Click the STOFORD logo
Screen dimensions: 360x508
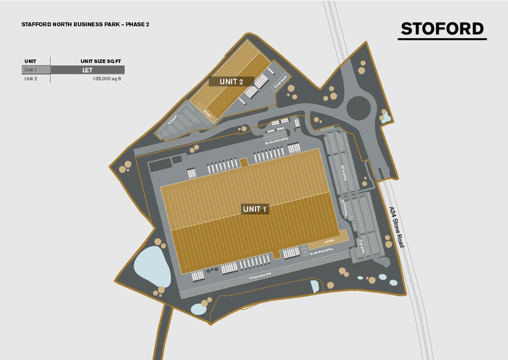click(442, 28)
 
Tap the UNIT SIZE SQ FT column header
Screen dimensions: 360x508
click(101, 61)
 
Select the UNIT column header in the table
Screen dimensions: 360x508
click(30, 61)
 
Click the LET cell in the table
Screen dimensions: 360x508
click(87, 70)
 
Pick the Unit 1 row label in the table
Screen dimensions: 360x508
click(31, 70)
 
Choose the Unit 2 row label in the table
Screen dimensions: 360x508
click(31, 78)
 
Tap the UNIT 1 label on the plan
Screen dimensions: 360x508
click(256, 209)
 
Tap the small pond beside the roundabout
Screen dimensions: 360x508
click(385, 116)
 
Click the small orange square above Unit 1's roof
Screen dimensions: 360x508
click(244, 162)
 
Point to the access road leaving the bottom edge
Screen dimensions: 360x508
click(165, 334)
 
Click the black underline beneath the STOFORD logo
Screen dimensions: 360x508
click(442, 40)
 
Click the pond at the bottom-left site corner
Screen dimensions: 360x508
click(199, 309)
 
